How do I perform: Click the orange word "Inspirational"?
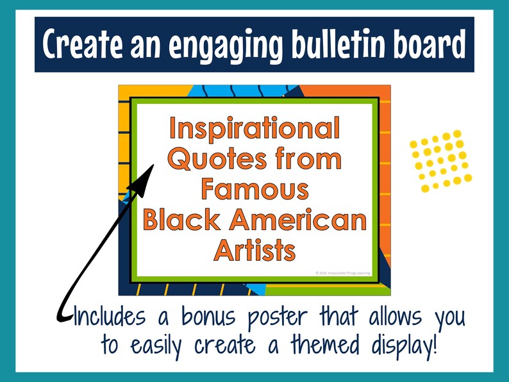coord(254,130)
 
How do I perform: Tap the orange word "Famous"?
coord(254,190)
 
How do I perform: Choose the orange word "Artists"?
coord(254,250)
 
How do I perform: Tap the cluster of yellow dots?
coord(440,160)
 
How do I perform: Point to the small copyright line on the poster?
coord(342,272)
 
